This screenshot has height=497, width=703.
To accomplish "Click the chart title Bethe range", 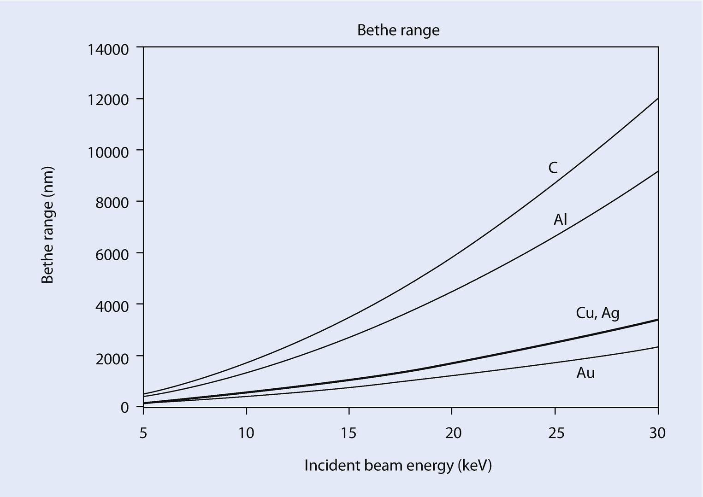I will coord(398,30).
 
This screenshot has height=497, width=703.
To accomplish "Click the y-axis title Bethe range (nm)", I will coord(48,225).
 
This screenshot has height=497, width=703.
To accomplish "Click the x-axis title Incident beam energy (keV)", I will coord(398,466).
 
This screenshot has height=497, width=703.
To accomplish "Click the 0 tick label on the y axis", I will coord(124,408).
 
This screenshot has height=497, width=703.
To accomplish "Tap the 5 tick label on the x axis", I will coord(143,433).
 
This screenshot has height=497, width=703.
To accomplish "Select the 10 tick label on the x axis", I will coord(246,433).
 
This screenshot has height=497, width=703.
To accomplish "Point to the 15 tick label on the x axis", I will coord(349,433).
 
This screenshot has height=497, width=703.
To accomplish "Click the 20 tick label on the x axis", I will coord(452,433).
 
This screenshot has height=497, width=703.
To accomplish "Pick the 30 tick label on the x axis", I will coord(657,433).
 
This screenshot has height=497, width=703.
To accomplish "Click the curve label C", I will coord(553,168).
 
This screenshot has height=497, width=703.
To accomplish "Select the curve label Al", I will coord(560,220).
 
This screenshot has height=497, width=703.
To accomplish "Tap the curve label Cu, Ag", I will coord(597,313).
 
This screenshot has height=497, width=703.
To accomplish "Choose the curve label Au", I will coord(585,373).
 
